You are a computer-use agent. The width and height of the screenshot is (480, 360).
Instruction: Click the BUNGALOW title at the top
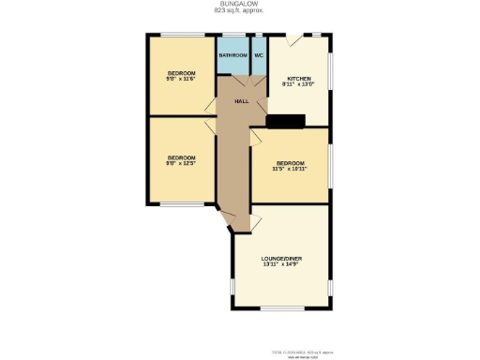coord(240,3)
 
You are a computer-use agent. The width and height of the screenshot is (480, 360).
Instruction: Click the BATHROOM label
coord(233,55)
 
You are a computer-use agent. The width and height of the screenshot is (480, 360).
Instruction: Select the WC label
coord(259,55)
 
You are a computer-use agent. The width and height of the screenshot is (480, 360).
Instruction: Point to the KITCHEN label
coord(299,79)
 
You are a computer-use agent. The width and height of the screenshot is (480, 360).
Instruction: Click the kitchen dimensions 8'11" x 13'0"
coord(299,85)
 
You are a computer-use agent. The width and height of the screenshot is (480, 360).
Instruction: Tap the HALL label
coord(241,99)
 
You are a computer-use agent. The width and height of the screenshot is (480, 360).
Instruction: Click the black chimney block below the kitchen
coord(286,120)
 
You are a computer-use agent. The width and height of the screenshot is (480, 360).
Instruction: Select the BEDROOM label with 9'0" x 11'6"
coord(182,73)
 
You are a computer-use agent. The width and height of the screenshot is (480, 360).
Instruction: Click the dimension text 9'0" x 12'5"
coord(182,163)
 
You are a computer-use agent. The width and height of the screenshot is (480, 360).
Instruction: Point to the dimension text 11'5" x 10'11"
coord(290,170)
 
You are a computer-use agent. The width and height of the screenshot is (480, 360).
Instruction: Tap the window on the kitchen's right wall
coord(330,80)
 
